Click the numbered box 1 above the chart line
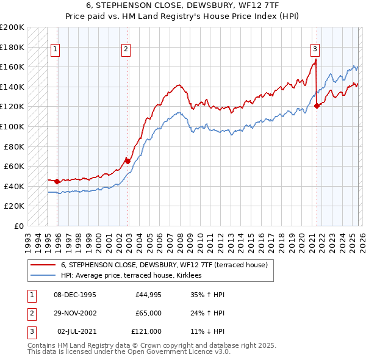click(56, 49)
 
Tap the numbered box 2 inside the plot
click(126, 49)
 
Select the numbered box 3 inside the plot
click(315, 49)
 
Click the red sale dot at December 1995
click(57, 181)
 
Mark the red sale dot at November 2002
click(127, 162)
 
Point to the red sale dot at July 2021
click(317, 106)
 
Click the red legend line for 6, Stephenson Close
click(43, 265)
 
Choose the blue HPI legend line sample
click(43, 276)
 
